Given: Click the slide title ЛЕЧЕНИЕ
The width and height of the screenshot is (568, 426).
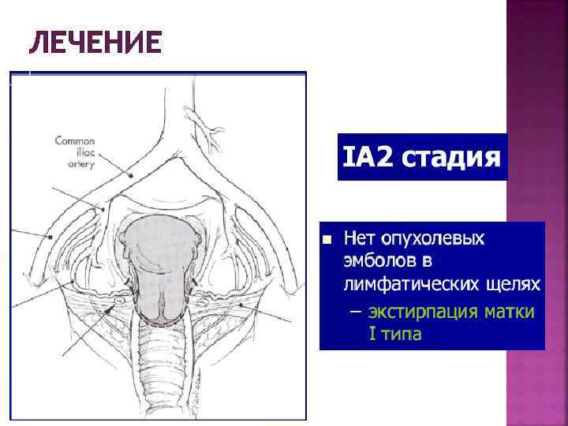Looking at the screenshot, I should click(x=95, y=43).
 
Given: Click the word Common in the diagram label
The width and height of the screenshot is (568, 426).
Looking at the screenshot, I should click(x=74, y=141).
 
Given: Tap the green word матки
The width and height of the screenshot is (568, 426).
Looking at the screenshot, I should click(x=508, y=312).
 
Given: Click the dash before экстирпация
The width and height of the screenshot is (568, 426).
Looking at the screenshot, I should click(x=353, y=312).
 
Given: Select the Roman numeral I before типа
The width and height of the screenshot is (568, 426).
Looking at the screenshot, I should click(x=372, y=334).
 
